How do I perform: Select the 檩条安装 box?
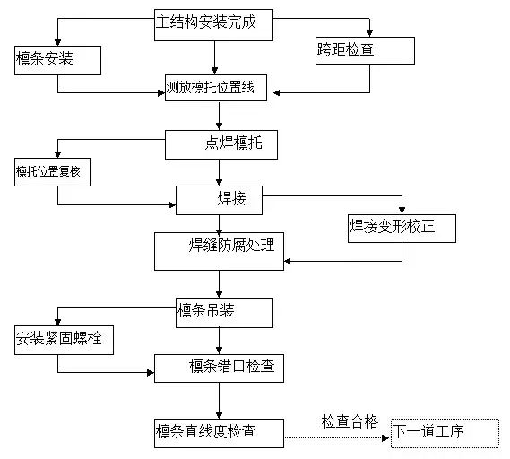click(57, 60)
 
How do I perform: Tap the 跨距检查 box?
click(365, 49)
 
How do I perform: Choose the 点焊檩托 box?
click(220, 144)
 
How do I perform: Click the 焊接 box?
click(219, 199)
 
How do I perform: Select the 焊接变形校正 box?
click(402, 228)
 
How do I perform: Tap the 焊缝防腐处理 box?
click(219, 250)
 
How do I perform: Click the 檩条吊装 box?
click(223, 311)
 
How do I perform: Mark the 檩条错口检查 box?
click(220, 368)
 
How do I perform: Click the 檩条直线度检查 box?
click(219, 432)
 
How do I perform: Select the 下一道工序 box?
click(445, 433)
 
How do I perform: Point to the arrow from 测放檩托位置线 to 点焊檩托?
click(220, 117)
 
